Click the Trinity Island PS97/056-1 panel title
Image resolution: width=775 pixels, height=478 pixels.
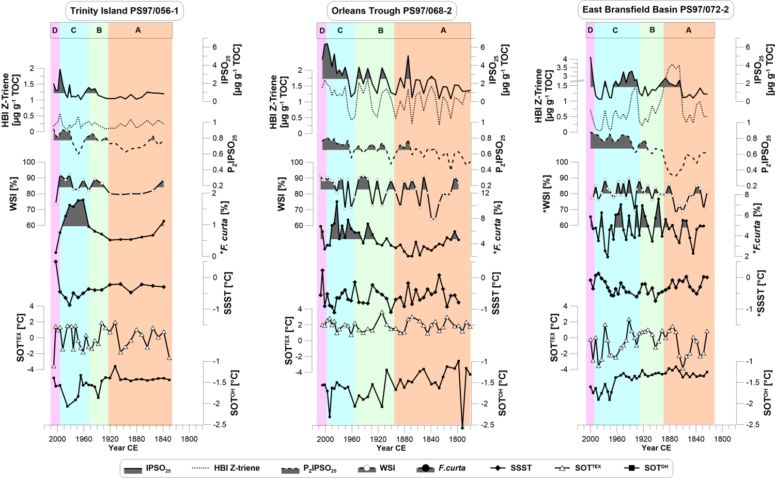[x=125, y=11]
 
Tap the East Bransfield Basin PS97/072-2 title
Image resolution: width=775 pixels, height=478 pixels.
[x=656, y=10]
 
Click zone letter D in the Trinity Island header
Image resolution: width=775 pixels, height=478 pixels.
[x=55, y=30]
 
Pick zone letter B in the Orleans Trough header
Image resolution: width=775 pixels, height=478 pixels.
[x=381, y=30]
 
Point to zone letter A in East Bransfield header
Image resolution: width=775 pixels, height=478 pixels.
[x=688, y=30]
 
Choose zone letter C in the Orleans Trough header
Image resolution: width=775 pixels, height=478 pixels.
[x=340, y=30]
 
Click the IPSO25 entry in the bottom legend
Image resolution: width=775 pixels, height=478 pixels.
[x=147, y=469]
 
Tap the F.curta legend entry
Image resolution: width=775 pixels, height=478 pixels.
[x=442, y=468]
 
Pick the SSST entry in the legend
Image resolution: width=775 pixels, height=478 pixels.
[x=512, y=468]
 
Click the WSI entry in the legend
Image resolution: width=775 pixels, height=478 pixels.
[x=377, y=468]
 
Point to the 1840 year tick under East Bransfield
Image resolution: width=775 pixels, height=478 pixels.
[x=696, y=439]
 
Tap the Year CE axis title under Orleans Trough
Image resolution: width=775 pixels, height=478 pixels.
[x=391, y=448]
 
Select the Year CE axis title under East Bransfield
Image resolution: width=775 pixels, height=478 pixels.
[x=656, y=448]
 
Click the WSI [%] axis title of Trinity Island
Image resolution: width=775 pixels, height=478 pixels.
[x=14, y=194]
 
